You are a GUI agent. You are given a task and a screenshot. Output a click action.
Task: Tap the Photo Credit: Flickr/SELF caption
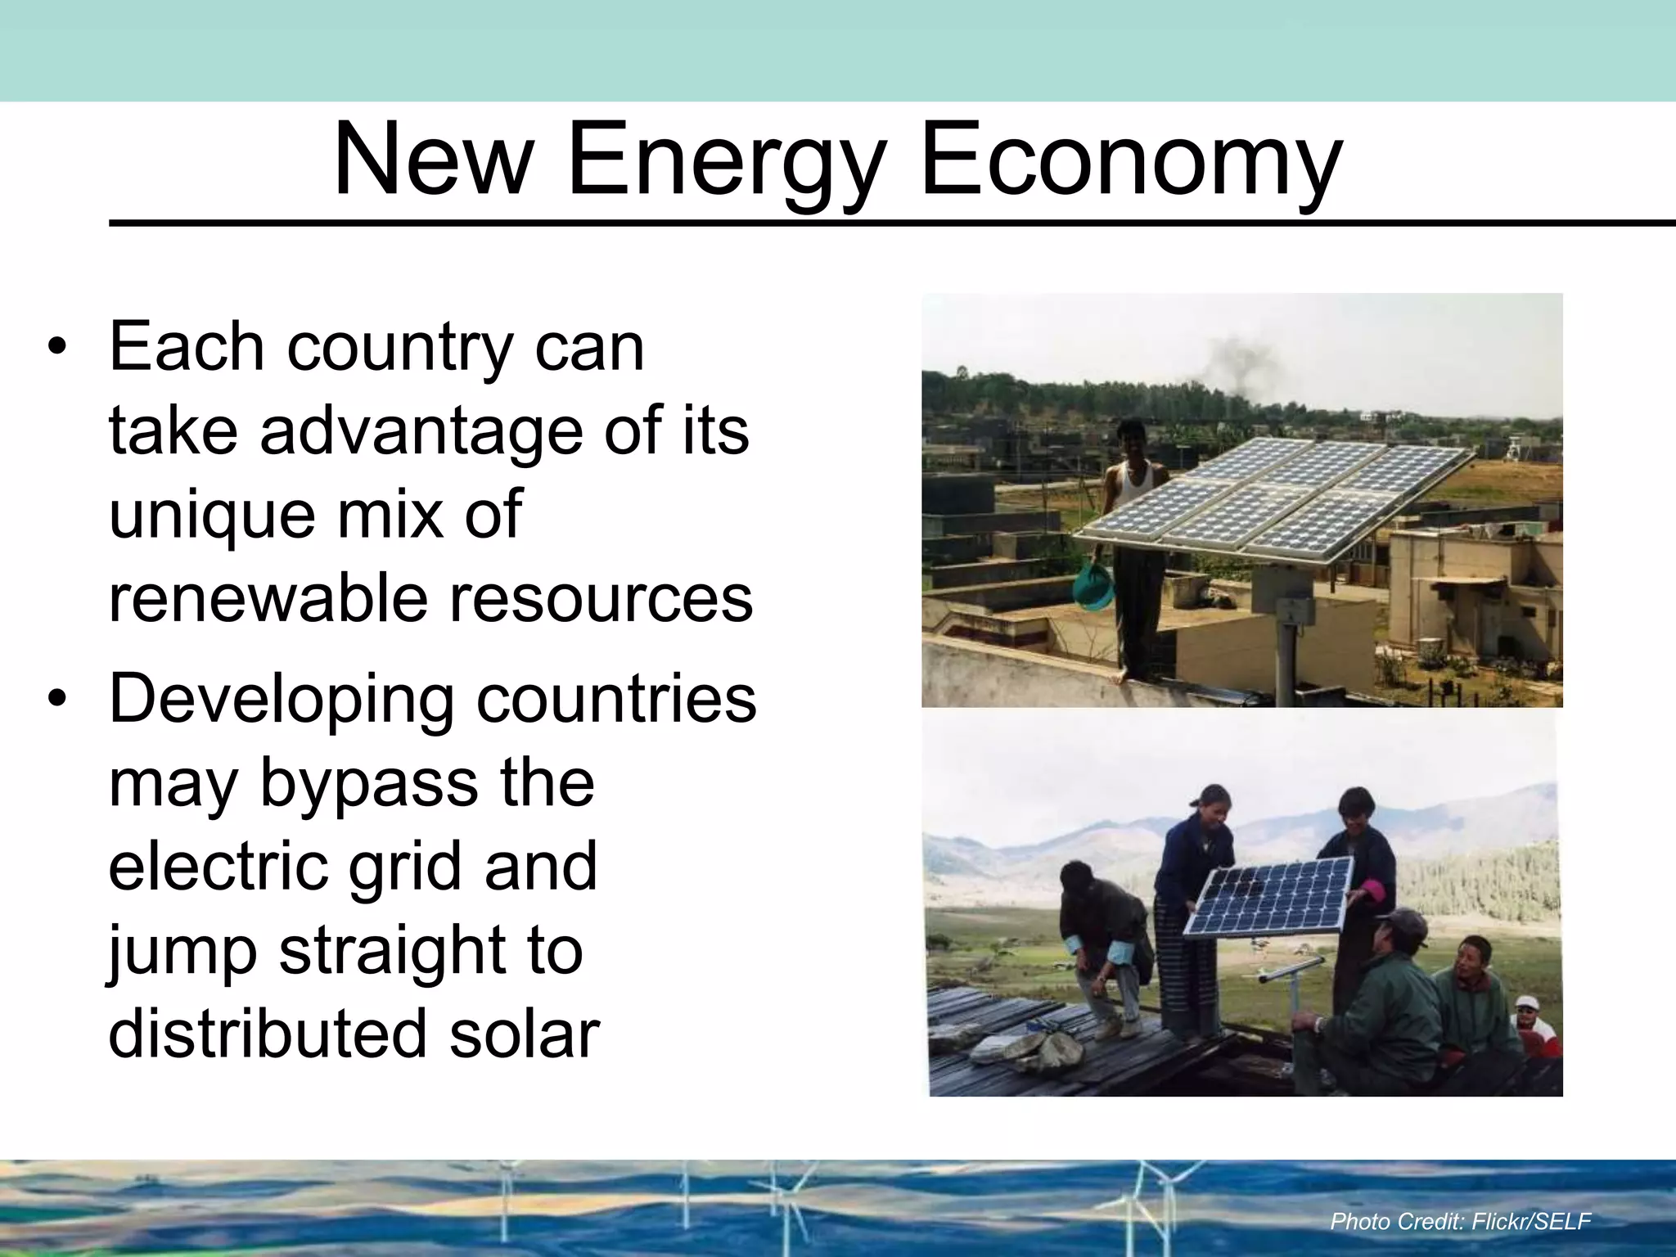(1460, 1222)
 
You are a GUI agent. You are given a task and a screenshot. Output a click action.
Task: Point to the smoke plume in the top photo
(1240, 360)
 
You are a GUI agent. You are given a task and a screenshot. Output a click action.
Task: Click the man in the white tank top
(1134, 540)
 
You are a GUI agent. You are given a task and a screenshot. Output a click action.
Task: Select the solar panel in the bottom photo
(1268, 896)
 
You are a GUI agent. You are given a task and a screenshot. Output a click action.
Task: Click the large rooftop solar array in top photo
(1277, 499)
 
